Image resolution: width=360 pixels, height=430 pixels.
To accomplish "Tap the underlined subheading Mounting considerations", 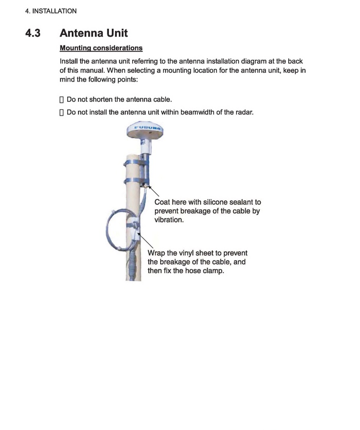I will point(101,48).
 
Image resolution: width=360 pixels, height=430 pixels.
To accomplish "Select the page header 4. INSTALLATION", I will point(51,11).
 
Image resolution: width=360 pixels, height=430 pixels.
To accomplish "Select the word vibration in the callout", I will point(168,220).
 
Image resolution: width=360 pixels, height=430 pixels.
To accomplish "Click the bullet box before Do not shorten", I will point(62,99).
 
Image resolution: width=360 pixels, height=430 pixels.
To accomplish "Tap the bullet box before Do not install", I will point(62,112).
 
